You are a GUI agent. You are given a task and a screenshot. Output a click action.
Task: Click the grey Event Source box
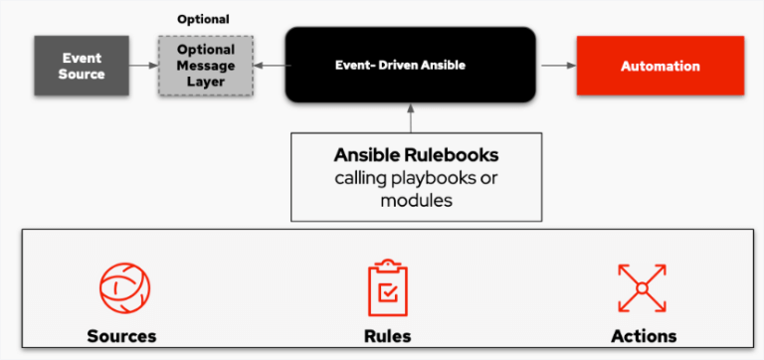pos(82,65)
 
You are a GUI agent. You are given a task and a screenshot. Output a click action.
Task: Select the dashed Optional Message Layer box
pos(205,65)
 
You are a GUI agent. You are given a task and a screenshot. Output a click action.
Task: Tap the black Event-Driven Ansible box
pos(411,66)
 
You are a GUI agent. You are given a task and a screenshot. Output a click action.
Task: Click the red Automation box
pos(660,66)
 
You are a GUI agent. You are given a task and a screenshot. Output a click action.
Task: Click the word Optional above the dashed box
pos(203,19)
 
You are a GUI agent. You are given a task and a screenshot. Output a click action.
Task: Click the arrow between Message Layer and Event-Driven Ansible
pos(269,65)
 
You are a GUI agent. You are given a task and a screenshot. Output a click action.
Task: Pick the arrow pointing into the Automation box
pos(556,66)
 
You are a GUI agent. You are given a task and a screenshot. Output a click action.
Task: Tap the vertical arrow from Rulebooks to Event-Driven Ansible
pos(411,118)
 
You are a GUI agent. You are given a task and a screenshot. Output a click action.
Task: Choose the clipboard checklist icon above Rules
pos(388,287)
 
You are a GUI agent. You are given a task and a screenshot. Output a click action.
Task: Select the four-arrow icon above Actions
pos(642,287)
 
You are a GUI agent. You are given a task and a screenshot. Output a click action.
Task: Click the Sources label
pos(121,336)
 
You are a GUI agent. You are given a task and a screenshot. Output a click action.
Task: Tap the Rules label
pos(388,336)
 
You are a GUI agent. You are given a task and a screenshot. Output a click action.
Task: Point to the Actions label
pos(644,336)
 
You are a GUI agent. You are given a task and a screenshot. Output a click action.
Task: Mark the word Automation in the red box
pos(660,66)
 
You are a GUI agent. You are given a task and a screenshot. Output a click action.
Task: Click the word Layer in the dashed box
pos(206,81)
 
